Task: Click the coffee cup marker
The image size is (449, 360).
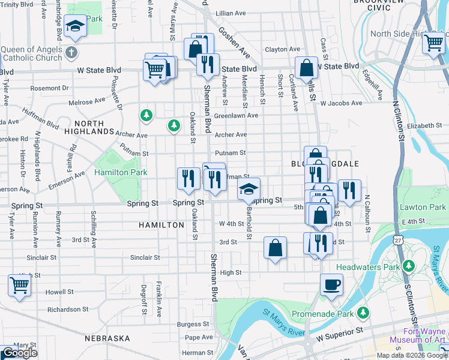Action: point(331,284)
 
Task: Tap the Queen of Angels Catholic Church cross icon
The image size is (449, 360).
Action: point(72,52)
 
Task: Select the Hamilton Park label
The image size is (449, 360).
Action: point(121,172)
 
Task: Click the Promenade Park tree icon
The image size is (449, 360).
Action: point(363,313)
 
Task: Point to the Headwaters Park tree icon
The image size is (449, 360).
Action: point(409,265)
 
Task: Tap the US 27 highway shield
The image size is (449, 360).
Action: point(399,239)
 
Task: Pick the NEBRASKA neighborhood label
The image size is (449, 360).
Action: point(107,338)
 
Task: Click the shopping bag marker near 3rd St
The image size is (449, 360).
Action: point(275,247)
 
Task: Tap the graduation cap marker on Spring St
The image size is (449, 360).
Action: point(249,190)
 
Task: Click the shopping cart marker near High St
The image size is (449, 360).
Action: point(20,286)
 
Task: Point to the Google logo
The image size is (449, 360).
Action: point(19,353)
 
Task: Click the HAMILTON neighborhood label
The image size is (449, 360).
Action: point(161,225)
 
